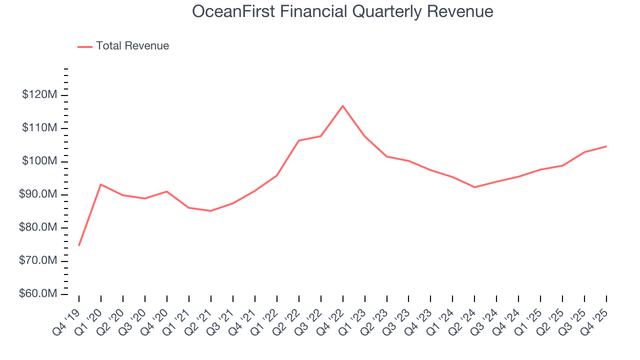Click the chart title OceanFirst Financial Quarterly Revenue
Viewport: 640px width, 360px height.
pyautogui.click(x=343, y=11)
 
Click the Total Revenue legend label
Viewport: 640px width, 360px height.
pyautogui.click(x=132, y=46)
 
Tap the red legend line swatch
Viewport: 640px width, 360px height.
pyautogui.click(x=85, y=46)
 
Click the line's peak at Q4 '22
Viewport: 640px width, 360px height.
pyautogui.click(x=342, y=105)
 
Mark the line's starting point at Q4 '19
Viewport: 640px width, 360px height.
pyautogui.click(x=79, y=245)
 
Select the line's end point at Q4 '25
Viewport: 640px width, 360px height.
pyautogui.click(x=606, y=146)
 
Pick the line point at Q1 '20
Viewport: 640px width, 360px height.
pyautogui.click(x=101, y=184)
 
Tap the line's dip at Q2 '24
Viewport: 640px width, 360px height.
pyautogui.click(x=474, y=187)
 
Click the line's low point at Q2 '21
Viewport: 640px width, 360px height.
pyautogui.click(x=210, y=210)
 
